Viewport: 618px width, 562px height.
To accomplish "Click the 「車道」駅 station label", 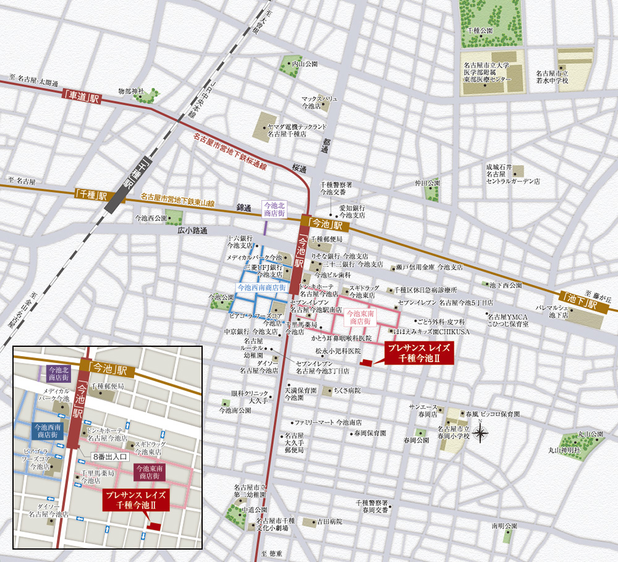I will click(x=81, y=97).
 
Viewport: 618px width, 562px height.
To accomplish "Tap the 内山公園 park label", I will click(x=304, y=63).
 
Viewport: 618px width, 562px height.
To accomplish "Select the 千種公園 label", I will click(x=480, y=30).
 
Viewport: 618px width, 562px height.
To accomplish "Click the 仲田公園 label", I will click(x=427, y=183).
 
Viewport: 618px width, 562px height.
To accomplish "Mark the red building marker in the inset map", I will click(x=154, y=526).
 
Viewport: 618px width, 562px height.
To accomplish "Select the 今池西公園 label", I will click(x=151, y=218).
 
